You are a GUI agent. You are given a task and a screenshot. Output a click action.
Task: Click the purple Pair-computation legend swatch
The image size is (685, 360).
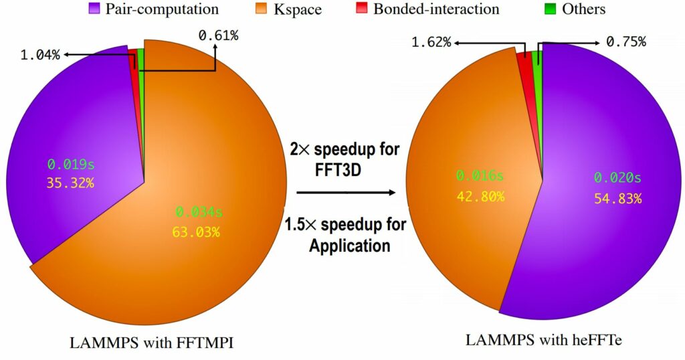point(94,9)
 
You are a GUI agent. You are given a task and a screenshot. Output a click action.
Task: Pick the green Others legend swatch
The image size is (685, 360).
point(551,9)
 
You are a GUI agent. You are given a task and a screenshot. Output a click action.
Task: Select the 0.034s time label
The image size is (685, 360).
point(199,213)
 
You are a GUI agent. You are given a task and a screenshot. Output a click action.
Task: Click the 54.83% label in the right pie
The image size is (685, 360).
point(617,198)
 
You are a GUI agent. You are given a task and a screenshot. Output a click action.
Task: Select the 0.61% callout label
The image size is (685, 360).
point(218,35)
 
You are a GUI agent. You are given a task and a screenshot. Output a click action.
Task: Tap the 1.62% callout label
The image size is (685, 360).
point(431,43)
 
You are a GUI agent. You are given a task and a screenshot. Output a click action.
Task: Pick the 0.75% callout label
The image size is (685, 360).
point(625,42)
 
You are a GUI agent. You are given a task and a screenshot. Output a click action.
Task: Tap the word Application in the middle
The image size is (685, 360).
point(349,245)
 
